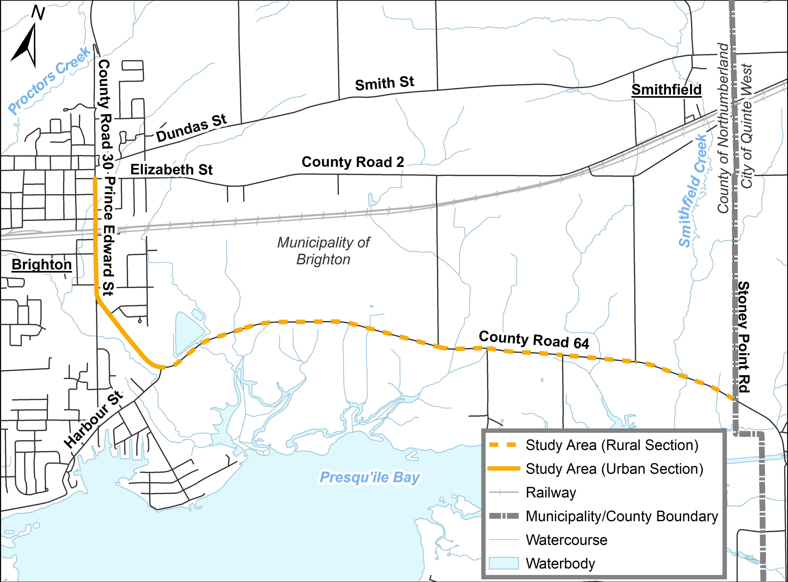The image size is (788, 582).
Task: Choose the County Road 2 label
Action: coord(353,162)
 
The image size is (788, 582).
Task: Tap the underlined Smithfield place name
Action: coord(666,90)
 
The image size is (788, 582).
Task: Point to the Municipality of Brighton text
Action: coord(323,251)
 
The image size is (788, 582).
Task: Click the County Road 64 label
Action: coord(534,340)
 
